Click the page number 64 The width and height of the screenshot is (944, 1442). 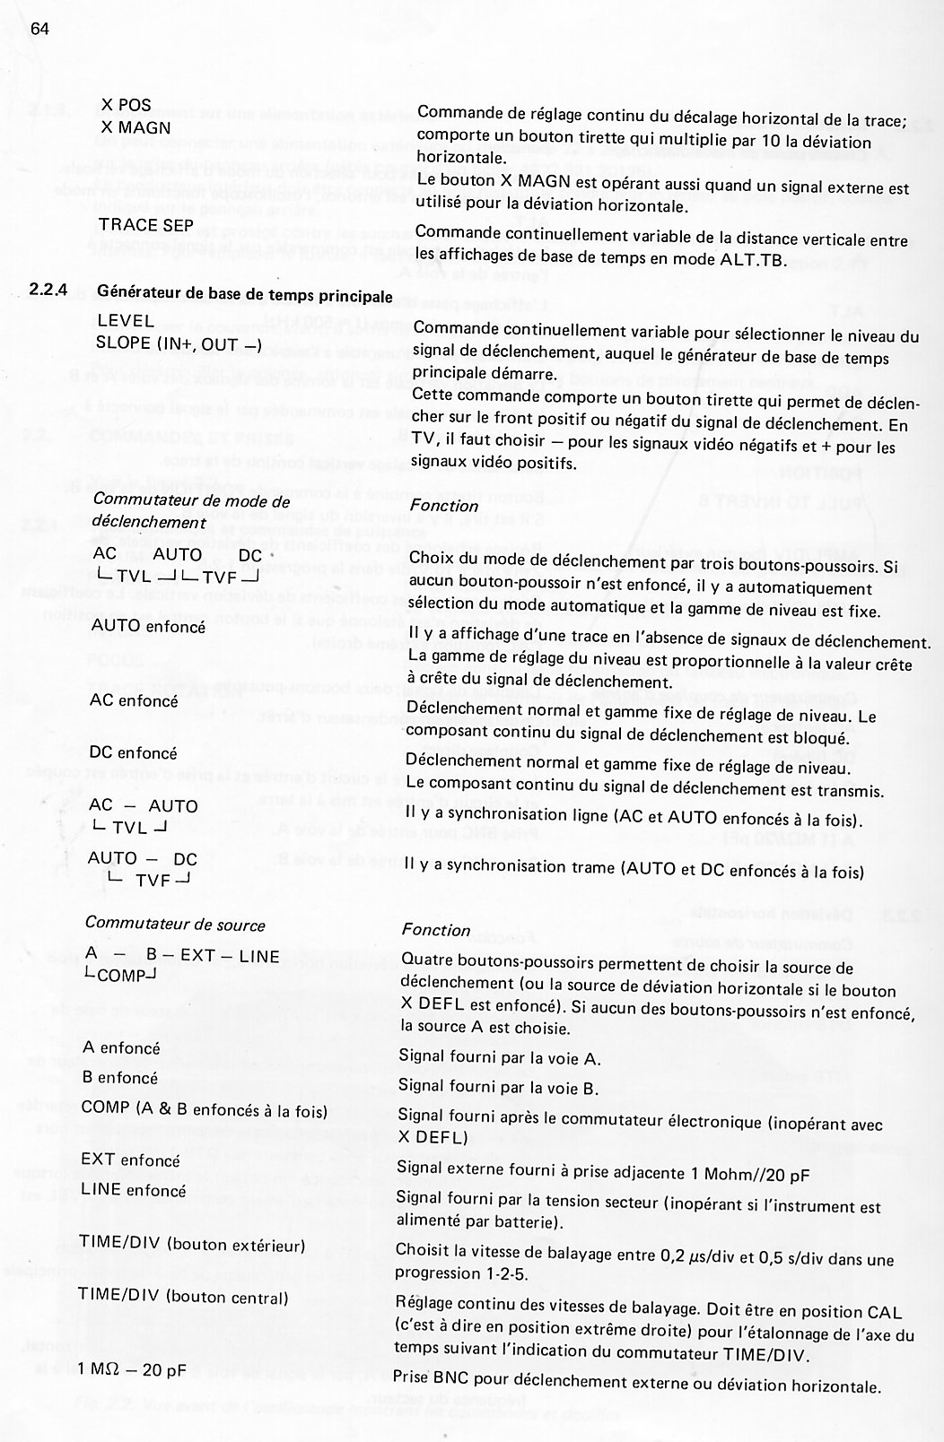tap(39, 28)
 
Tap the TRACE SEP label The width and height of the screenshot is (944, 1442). tap(139, 224)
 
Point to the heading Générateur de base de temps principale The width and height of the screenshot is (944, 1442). tap(244, 295)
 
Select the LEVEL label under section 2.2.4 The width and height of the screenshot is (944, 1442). tap(125, 320)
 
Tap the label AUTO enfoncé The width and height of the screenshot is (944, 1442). tap(148, 626)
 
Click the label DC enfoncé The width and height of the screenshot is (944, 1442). tap(134, 753)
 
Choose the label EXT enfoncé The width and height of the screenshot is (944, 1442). tap(130, 1160)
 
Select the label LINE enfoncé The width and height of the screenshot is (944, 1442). tap(133, 1190)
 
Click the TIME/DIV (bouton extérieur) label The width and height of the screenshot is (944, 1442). tap(191, 1245)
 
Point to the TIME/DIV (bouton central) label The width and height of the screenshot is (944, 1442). tap(183, 1297)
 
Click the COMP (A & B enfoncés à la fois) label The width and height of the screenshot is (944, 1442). tap(203, 1108)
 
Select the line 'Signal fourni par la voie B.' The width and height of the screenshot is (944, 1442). tap(511, 1089)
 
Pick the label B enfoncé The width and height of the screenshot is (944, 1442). tap(119, 1077)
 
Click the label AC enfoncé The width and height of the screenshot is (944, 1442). tap(134, 701)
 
